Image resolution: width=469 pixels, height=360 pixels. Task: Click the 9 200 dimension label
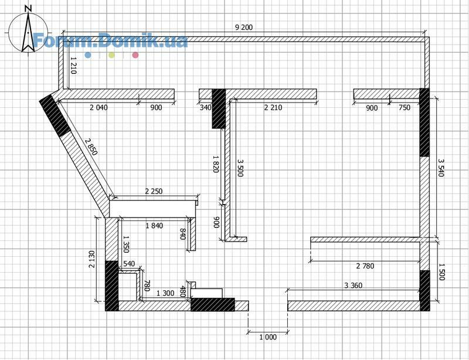244,28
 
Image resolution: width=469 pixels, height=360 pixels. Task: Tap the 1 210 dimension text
74,65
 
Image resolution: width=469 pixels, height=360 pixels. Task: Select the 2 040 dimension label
98,107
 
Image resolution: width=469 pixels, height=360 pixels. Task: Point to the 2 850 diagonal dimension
91,147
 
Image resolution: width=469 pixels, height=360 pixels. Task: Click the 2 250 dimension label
154,191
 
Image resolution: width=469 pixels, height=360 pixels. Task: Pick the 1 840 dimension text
154,226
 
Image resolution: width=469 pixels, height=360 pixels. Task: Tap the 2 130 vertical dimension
92,259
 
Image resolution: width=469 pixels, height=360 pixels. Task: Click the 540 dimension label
129,264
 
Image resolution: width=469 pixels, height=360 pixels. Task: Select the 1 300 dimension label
165,293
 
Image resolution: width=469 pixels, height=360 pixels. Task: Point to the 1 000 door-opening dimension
268,337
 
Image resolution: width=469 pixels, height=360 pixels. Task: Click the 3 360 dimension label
354,285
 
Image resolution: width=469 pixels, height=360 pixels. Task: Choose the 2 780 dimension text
365,266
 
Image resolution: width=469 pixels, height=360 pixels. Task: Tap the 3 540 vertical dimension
441,168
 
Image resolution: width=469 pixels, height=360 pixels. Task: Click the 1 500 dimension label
441,271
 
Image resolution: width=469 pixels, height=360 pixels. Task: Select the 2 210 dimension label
273,107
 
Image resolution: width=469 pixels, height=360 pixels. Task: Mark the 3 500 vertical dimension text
240,168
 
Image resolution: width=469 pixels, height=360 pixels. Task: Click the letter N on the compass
28,8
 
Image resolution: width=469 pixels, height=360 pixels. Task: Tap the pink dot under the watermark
135,55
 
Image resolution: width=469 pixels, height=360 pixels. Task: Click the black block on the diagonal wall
55,116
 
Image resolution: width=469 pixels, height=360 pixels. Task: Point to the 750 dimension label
405,107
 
